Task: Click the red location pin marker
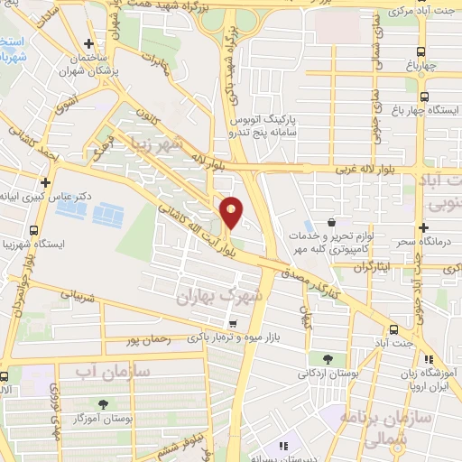pyautogui.click(x=232, y=212)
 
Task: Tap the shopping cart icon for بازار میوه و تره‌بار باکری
pyautogui.click(x=234, y=325)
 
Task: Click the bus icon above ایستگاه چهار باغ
pyautogui.click(x=424, y=97)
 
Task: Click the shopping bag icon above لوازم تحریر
pyautogui.click(x=333, y=223)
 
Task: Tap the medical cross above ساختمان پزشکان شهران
pyautogui.click(x=88, y=43)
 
